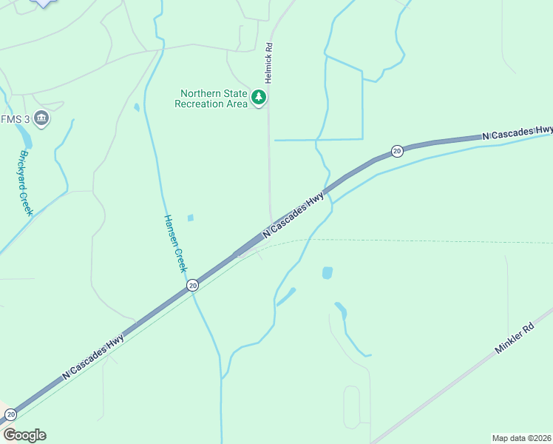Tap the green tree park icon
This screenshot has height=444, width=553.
click(x=259, y=97)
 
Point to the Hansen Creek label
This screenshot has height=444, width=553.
click(x=174, y=243)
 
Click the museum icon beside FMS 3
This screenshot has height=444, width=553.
click(x=41, y=118)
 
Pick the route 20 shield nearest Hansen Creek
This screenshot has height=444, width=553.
click(x=192, y=284)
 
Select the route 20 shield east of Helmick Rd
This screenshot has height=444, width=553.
click(x=397, y=151)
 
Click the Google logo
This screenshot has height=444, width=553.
click(x=24, y=435)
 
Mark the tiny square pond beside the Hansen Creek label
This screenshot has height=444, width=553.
click(x=191, y=218)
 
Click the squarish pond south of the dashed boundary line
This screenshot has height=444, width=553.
click(x=328, y=272)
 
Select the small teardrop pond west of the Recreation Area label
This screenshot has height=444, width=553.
click(x=137, y=107)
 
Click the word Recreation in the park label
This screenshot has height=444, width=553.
click(x=199, y=104)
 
